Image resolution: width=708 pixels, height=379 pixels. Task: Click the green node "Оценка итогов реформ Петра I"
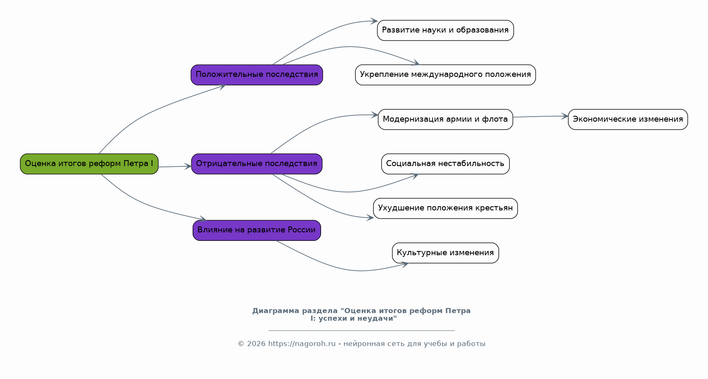tap(89, 164)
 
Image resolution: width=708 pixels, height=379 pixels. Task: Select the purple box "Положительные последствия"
tap(257, 75)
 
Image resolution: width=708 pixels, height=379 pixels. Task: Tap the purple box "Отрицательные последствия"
tap(257, 164)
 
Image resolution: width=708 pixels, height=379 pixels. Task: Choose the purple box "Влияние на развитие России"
tap(257, 230)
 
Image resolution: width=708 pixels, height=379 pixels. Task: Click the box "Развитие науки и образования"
tap(445, 30)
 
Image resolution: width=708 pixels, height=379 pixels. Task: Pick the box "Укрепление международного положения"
tap(445, 75)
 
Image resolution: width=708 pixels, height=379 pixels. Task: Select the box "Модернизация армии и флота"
tap(445, 119)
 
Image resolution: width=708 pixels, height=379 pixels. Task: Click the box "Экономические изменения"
tap(628, 119)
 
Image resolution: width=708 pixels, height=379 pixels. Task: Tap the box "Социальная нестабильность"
tap(445, 164)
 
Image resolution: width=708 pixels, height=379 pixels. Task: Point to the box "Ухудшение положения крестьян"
tap(445, 208)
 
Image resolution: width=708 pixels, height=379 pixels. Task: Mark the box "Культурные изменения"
tap(445, 253)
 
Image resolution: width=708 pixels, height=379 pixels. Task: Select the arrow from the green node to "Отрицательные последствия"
tap(174, 166)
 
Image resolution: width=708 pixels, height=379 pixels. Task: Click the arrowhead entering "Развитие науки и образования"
tap(374, 21)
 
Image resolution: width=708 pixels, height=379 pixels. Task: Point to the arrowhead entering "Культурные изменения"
tap(405, 264)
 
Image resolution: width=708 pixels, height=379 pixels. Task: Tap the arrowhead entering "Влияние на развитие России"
tap(203, 219)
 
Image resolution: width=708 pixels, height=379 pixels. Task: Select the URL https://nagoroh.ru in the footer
tap(302, 344)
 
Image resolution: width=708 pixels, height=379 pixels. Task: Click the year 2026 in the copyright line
tap(256, 344)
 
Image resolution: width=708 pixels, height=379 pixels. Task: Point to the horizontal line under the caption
tap(362, 330)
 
